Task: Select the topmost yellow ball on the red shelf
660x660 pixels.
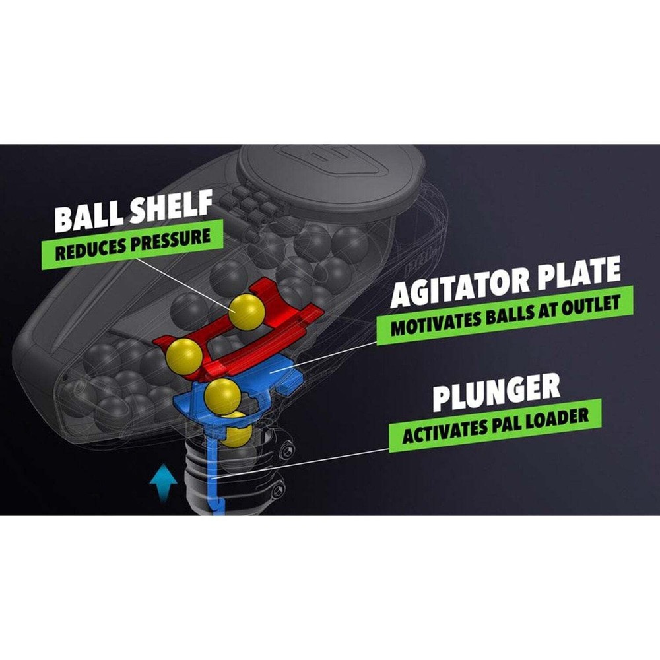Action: (247, 312)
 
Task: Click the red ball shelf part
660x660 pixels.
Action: (284, 310)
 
